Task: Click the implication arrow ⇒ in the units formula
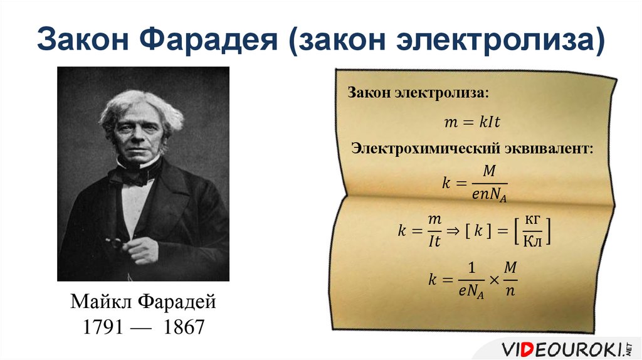(453, 230)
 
